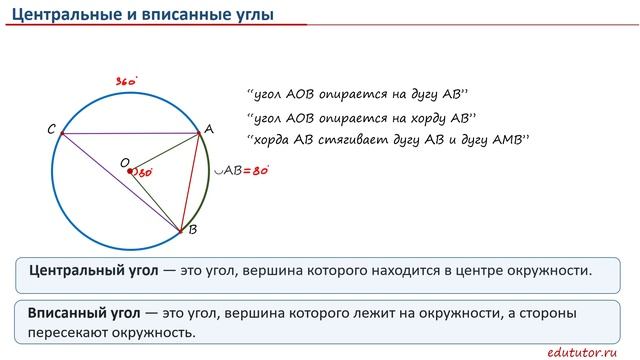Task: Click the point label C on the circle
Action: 52,129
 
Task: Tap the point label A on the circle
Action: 209,129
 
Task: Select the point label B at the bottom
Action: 192,231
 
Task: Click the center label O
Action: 124,161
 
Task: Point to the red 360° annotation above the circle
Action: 125,81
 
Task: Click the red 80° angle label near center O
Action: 145,173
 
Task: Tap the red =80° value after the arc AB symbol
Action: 258,170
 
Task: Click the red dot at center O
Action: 132,172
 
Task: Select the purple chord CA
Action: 130,134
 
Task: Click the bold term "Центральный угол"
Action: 90,270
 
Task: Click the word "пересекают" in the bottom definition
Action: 73,333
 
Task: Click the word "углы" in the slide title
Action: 253,14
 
